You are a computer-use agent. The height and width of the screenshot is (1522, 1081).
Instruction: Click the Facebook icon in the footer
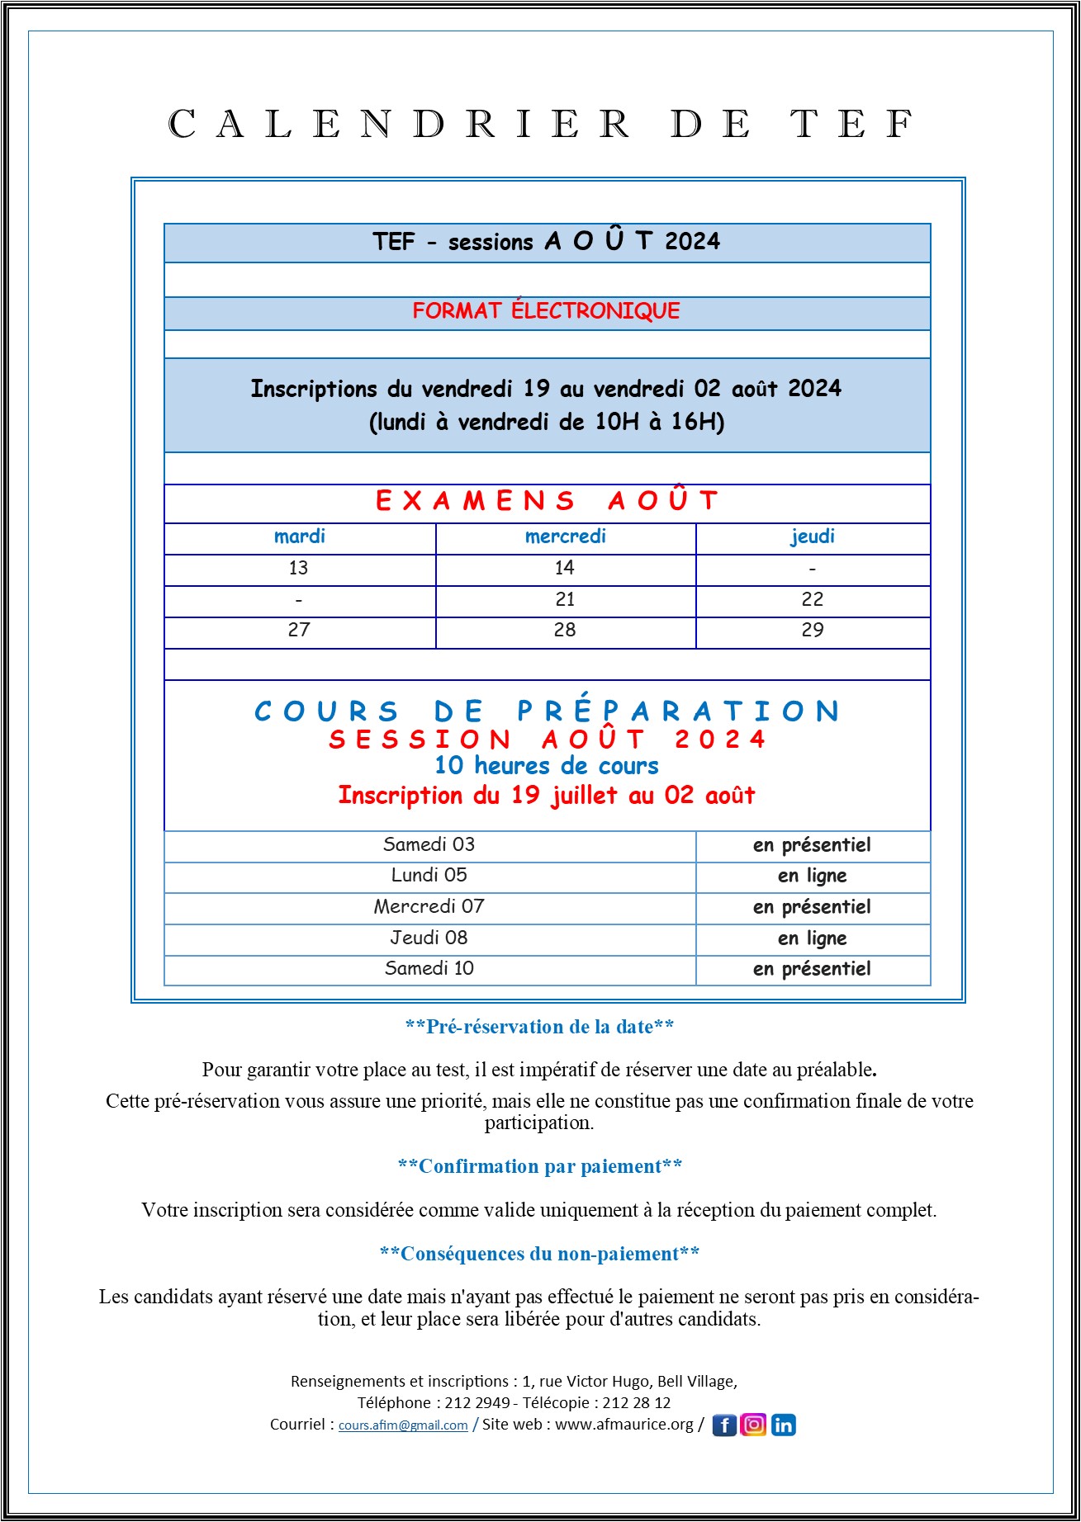pyautogui.click(x=723, y=1425)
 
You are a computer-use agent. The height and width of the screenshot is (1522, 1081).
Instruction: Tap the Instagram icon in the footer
pyautogui.click(x=753, y=1425)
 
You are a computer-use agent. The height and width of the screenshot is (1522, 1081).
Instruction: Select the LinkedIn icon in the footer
pyautogui.click(x=784, y=1425)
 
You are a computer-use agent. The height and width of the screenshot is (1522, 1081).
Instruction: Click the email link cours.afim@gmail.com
pyautogui.click(x=403, y=1425)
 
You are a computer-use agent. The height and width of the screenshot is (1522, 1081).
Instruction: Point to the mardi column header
pyautogui.click(x=300, y=536)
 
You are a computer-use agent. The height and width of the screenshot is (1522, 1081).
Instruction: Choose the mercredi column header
pyautogui.click(x=566, y=536)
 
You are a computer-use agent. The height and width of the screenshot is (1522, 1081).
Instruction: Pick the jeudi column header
pyautogui.click(x=813, y=536)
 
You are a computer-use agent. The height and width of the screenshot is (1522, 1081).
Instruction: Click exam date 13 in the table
pyautogui.click(x=299, y=568)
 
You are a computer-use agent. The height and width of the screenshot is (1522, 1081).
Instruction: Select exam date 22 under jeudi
pyautogui.click(x=813, y=599)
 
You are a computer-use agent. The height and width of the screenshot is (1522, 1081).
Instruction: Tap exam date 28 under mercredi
pyautogui.click(x=566, y=630)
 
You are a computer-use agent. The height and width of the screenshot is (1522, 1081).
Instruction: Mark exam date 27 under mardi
pyautogui.click(x=299, y=630)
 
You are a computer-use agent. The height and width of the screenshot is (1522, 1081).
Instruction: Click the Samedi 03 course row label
pyautogui.click(x=429, y=844)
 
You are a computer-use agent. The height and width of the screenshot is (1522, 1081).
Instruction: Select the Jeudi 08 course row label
pyautogui.click(x=429, y=938)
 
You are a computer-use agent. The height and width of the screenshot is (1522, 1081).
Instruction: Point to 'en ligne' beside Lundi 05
pyautogui.click(x=813, y=876)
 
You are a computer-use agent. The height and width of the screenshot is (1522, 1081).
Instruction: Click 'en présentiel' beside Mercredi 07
pyautogui.click(x=813, y=907)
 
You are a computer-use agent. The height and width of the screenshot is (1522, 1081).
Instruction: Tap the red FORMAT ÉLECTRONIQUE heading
pyautogui.click(x=547, y=311)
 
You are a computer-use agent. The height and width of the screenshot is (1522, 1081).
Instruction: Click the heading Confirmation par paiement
pyautogui.click(x=540, y=1166)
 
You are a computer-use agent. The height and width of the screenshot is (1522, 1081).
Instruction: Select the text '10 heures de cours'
pyautogui.click(x=547, y=766)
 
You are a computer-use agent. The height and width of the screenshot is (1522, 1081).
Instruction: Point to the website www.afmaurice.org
pyautogui.click(x=624, y=1425)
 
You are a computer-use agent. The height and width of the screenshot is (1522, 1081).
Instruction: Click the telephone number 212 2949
pyautogui.click(x=477, y=1402)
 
